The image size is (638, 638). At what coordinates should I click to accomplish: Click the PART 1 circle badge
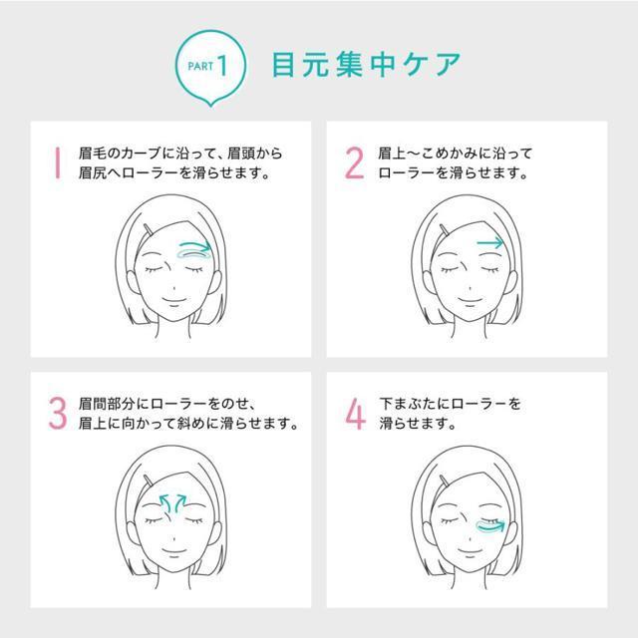pyautogui.click(x=210, y=67)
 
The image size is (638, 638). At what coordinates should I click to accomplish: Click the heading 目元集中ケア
pyautogui.click(x=366, y=65)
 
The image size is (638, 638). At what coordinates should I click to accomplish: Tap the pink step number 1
pyautogui.click(x=58, y=162)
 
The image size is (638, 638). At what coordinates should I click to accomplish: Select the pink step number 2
pyautogui.click(x=354, y=162)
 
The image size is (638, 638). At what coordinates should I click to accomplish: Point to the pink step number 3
pyautogui.click(x=58, y=413)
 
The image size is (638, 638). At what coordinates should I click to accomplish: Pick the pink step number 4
pyautogui.click(x=355, y=414)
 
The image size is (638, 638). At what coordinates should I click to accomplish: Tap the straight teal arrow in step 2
pyautogui.click(x=490, y=243)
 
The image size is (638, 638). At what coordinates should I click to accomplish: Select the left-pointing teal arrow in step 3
pyautogui.click(x=164, y=502)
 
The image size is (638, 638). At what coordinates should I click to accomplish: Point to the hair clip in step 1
pyautogui.click(x=149, y=229)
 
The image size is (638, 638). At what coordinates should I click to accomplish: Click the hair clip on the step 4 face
pyautogui.click(x=445, y=480)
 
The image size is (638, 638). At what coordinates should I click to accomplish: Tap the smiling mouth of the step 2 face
pyautogui.click(x=470, y=301)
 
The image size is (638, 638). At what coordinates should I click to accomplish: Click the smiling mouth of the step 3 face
pyautogui.click(x=174, y=552)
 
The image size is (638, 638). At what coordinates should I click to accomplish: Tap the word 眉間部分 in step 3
pyautogui.click(x=108, y=404)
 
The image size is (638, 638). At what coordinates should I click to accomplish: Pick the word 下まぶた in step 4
pyautogui.click(x=408, y=404)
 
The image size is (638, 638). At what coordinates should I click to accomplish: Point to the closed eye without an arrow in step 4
pyautogui.click(x=449, y=520)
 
